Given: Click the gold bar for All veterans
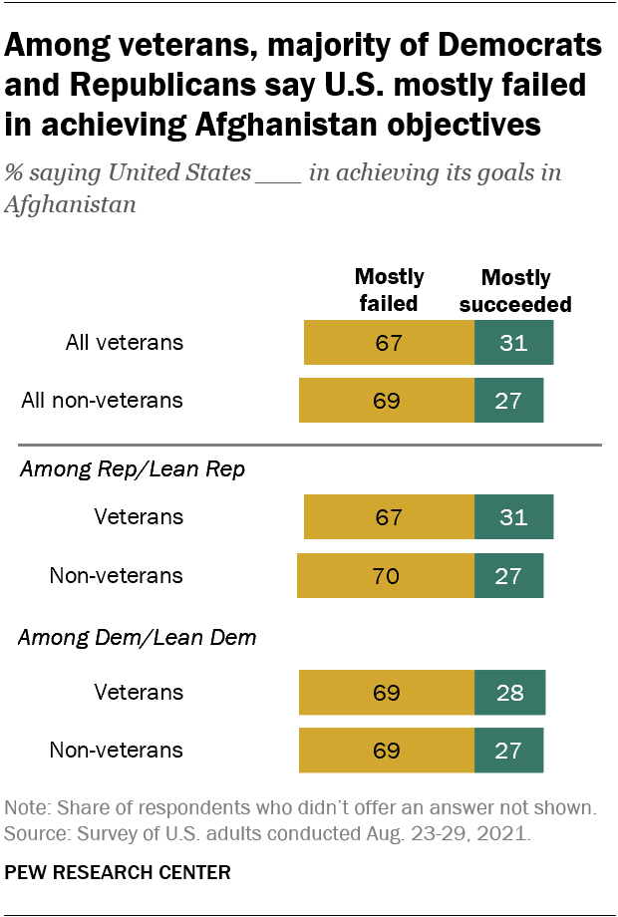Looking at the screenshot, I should pyautogui.click(x=389, y=344).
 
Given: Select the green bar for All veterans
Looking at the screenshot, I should pyautogui.click(x=513, y=344).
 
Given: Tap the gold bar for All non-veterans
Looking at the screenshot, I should pyautogui.click(x=387, y=401).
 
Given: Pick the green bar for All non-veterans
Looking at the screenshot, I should pyautogui.click(x=508, y=401).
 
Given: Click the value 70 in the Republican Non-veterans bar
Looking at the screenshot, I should pyautogui.click(x=387, y=575).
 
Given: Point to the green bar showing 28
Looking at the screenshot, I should pyautogui.click(x=509, y=693).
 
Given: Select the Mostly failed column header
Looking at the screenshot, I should pyautogui.click(x=389, y=290).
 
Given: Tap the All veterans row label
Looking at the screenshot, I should pyautogui.click(x=125, y=343).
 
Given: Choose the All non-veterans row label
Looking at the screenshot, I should pyautogui.click(x=103, y=401).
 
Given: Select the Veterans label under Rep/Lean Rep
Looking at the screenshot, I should pyautogui.click(x=139, y=517).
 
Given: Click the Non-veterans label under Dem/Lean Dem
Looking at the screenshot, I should pyautogui.click(x=117, y=750).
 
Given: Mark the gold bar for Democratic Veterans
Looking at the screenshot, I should pyautogui.click(x=387, y=693).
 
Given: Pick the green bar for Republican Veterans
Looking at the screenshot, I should pyautogui.click(x=513, y=517).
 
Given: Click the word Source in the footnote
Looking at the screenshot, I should pyautogui.click(x=30, y=830).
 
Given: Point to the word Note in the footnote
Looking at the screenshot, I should pyautogui.click(x=25, y=806).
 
